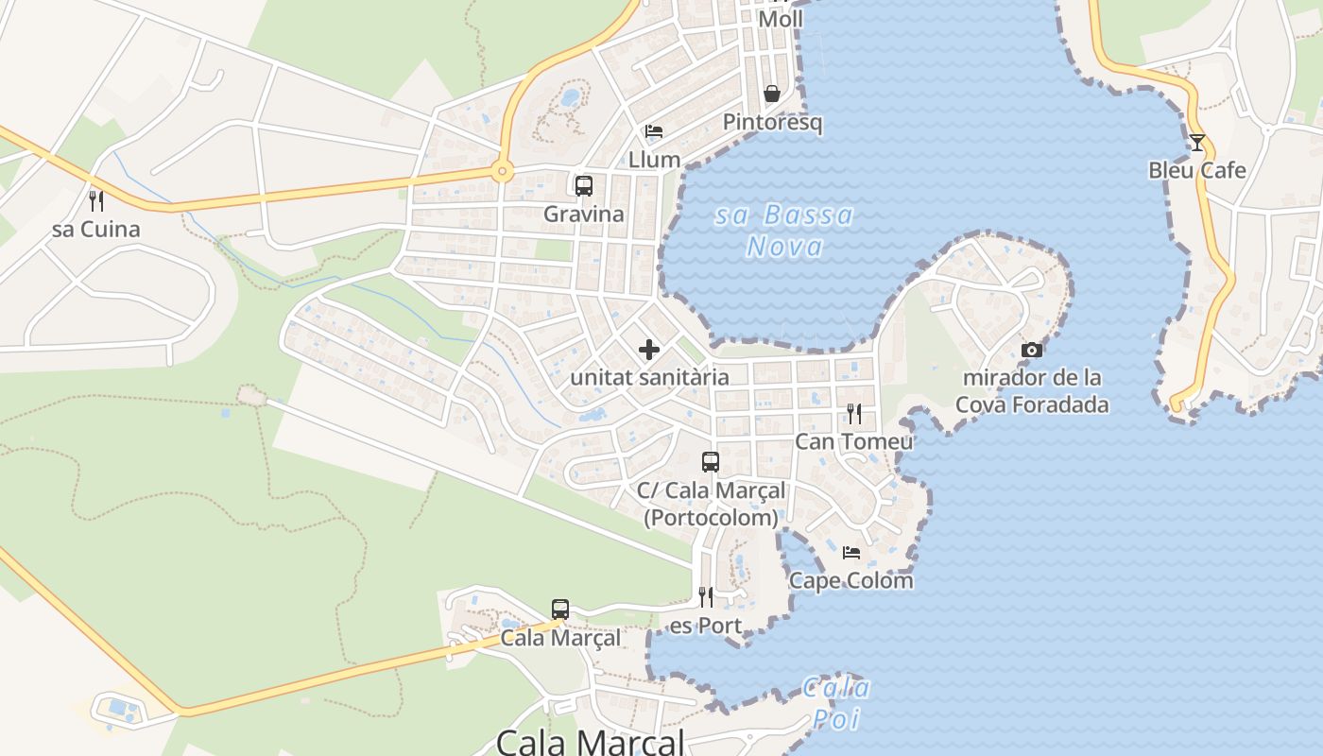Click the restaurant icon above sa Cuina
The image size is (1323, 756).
pyautogui.click(x=95, y=200)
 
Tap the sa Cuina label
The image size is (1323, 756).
pyautogui.click(x=95, y=229)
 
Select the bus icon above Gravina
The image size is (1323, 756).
pyautogui.click(x=584, y=185)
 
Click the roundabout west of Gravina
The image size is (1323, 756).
pyautogui.click(x=502, y=172)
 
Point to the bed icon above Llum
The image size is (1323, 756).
pyautogui.click(x=654, y=131)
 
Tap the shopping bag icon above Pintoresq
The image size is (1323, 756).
pyautogui.click(x=772, y=94)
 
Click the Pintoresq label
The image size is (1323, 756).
pyautogui.click(x=772, y=122)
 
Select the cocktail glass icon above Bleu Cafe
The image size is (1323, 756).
pyautogui.click(x=1197, y=143)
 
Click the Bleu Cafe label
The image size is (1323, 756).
pyautogui.click(x=1197, y=171)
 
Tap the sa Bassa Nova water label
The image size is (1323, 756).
pyautogui.click(x=784, y=231)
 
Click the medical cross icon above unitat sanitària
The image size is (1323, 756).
pyautogui.click(x=649, y=350)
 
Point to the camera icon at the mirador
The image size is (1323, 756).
pyautogui.click(x=1032, y=350)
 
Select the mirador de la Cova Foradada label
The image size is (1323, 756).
pyautogui.click(x=1032, y=391)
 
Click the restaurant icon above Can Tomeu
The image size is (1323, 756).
pyautogui.click(x=854, y=413)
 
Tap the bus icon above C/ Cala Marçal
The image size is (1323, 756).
pyautogui.click(x=711, y=462)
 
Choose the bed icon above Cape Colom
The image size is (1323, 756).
pyautogui.click(x=851, y=553)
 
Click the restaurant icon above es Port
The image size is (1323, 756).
pyautogui.click(x=706, y=597)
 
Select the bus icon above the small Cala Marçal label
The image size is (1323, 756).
pyautogui.click(x=560, y=610)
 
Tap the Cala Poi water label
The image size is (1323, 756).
pyautogui.click(x=837, y=702)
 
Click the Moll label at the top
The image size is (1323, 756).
pyautogui.click(x=781, y=19)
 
